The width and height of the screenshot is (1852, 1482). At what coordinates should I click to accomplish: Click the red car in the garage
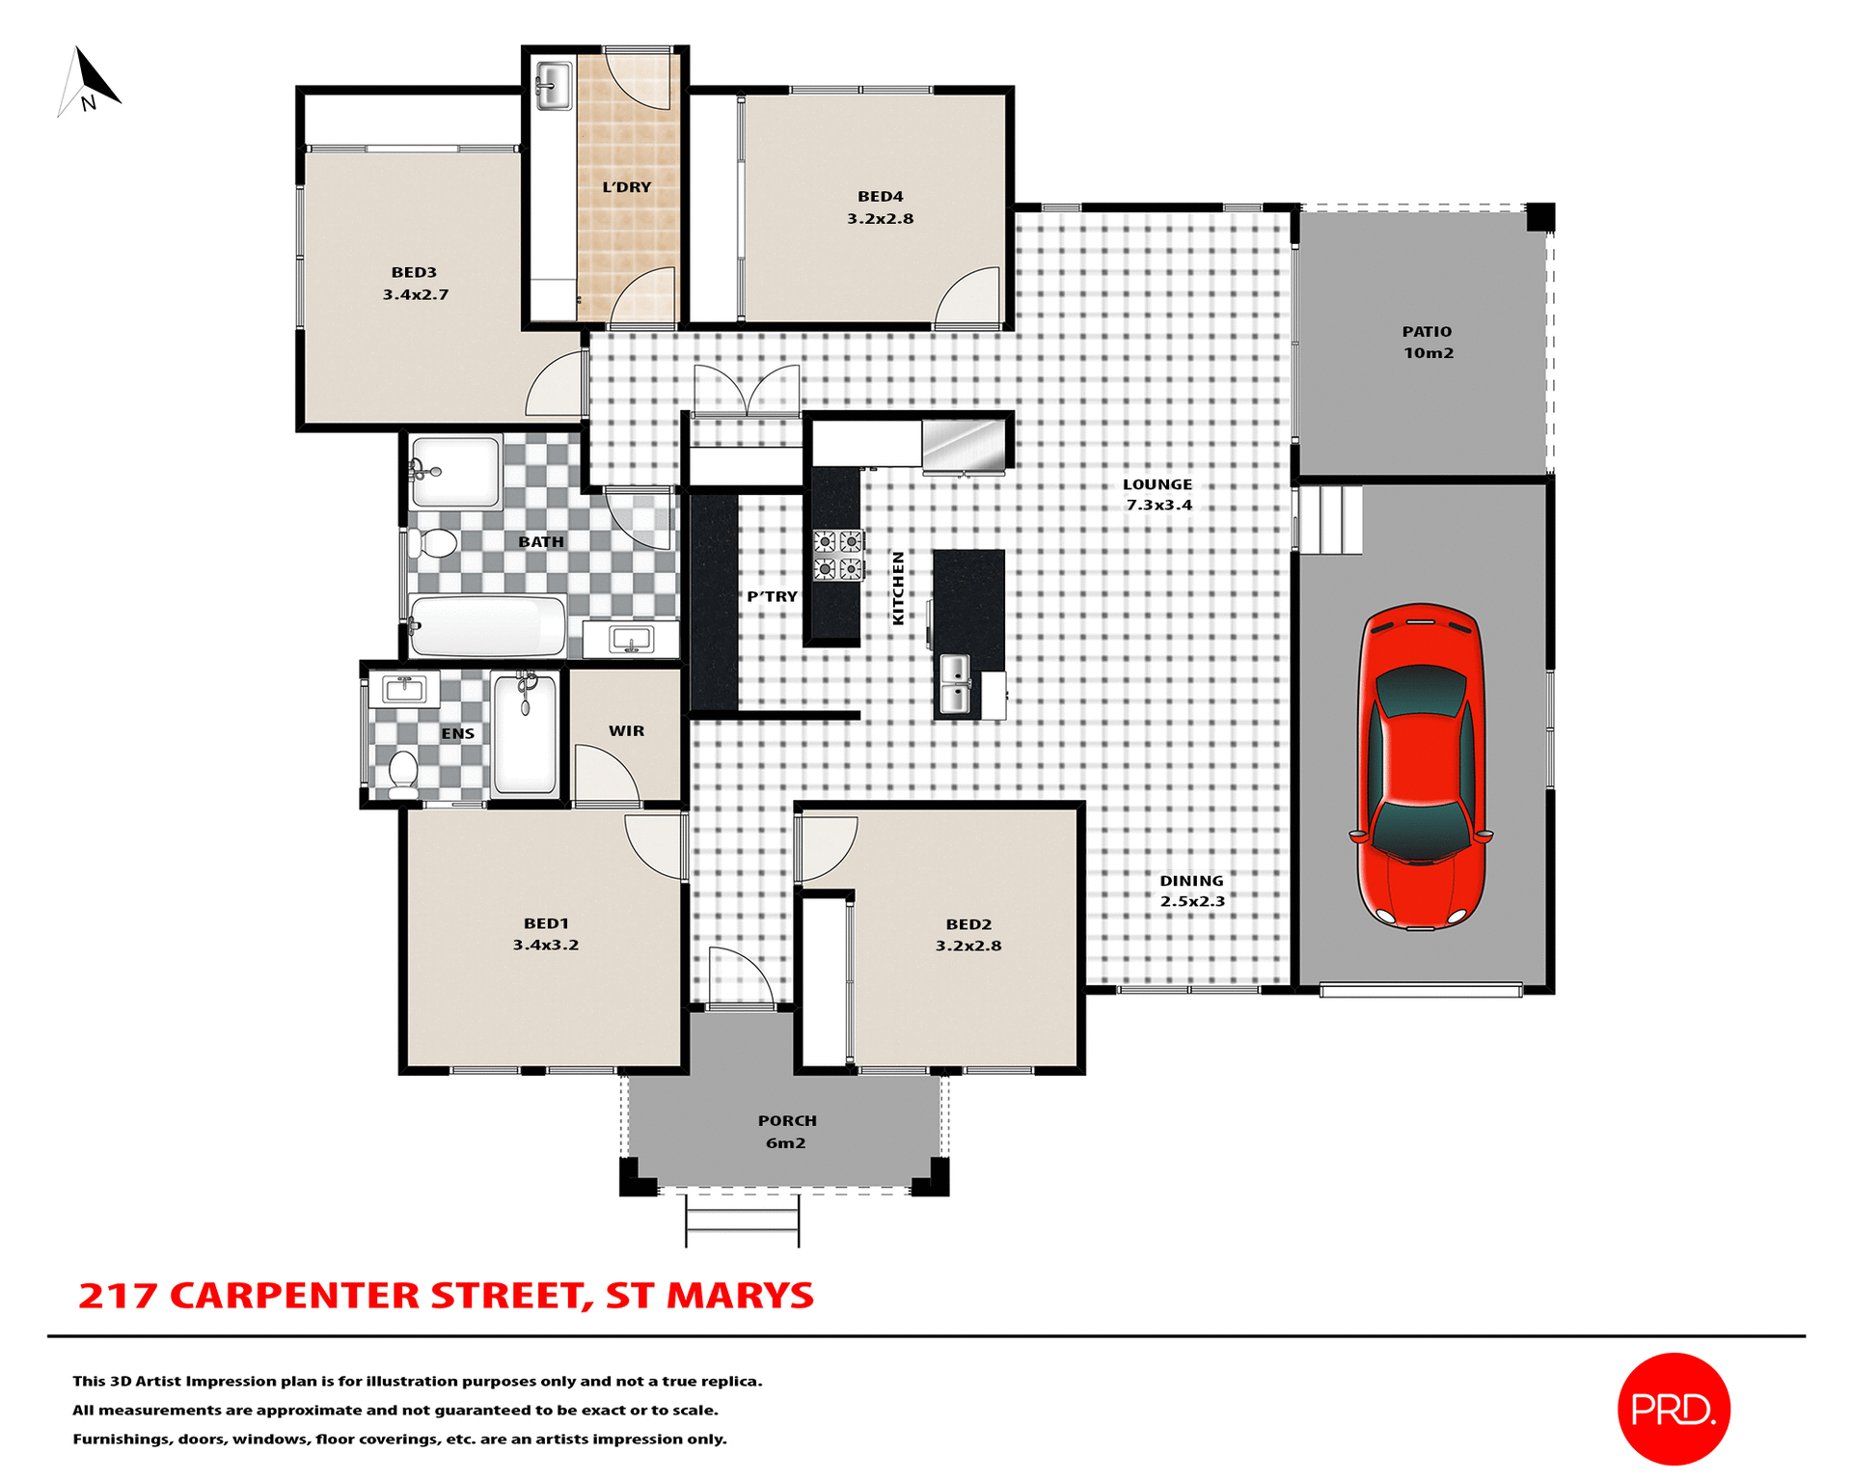point(1420,767)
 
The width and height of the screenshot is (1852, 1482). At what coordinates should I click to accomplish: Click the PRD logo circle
point(1673,1409)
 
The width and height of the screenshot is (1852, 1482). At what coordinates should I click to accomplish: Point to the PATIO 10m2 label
point(1428,343)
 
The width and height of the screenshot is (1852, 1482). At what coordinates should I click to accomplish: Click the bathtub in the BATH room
point(487,626)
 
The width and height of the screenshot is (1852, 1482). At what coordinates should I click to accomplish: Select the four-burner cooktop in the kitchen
point(837,555)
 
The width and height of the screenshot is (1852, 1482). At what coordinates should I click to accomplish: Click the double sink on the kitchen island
point(955,684)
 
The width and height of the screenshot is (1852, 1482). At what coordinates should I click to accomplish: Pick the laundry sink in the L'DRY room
point(554,85)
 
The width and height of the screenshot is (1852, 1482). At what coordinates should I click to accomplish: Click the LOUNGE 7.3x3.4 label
point(1157,495)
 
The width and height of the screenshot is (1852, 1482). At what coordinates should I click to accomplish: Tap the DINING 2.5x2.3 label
point(1192,891)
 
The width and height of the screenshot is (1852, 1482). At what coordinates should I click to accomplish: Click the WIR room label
point(626,731)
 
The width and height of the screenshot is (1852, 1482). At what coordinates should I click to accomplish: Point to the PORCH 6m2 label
point(786,1132)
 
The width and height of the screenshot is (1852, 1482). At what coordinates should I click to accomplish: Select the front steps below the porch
point(742,1221)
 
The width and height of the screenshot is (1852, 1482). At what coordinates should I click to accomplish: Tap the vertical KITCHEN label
point(898,589)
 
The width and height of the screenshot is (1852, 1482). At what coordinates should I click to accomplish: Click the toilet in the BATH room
point(434,543)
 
